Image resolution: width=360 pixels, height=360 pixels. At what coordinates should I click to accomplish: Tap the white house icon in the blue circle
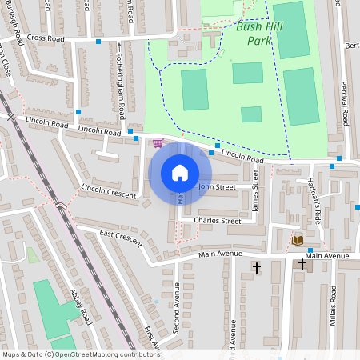click(x=180, y=173)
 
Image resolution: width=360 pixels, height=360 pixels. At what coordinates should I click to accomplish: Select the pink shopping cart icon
click(x=158, y=143)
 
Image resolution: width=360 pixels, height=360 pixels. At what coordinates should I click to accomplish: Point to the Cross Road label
click(x=44, y=38)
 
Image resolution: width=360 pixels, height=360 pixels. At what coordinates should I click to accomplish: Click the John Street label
click(x=217, y=186)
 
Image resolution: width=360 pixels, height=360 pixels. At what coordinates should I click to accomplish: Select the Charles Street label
click(x=218, y=220)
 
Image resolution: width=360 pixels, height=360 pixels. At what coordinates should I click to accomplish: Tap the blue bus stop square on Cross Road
click(x=99, y=41)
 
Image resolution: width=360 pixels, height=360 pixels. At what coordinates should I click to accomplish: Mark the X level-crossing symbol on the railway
click(x=10, y=117)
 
